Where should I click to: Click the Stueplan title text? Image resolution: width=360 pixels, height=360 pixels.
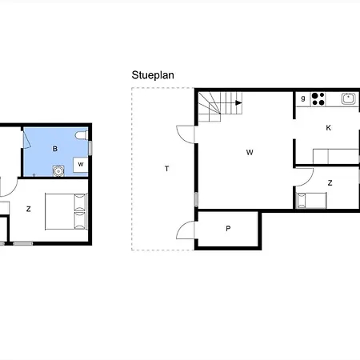pyautogui.click(x=153, y=75)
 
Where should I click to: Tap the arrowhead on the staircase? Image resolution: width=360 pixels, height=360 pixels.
pyautogui.click(x=238, y=102)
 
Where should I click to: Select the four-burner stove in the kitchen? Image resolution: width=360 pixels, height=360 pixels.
pyautogui.click(x=318, y=99)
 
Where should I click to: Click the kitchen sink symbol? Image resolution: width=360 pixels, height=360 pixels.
pyautogui.click(x=349, y=98)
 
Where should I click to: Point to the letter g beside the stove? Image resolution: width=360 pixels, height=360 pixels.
pyautogui.click(x=303, y=98)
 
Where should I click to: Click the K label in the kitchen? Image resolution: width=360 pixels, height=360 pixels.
pyautogui.click(x=329, y=128)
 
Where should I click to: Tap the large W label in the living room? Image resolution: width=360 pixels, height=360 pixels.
pyautogui.click(x=250, y=153)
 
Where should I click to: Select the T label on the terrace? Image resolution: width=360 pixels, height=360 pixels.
pyautogui.click(x=167, y=169)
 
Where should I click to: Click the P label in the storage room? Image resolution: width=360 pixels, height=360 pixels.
pyautogui.click(x=228, y=229)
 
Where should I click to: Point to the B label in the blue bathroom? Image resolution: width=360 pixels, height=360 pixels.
pyautogui.click(x=55, y=149)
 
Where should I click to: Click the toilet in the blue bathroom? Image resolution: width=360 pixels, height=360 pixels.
pyautogui.click(x=82, y=135)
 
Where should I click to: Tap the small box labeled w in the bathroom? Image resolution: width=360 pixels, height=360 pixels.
pyautogui.click(x=81, y=165)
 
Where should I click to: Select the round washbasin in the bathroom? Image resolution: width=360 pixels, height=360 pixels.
pyautogui.click(x=58, y=171)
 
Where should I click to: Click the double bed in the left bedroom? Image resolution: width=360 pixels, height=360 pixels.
pyautogui.click(x=66, y=211)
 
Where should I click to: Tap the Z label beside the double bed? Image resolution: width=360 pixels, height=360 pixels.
pyautogui.click(x=29, y=209)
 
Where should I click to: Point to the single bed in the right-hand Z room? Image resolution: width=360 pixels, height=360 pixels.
pyautogui.click(x=311, y=200)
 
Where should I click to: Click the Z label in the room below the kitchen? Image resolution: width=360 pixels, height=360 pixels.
pyautogui.click(x=330, y=183)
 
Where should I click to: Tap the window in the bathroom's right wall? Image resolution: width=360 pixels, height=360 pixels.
pyautogui.click(x=90, y=148)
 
